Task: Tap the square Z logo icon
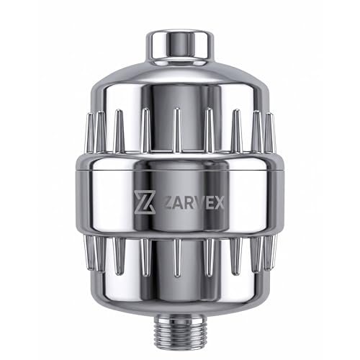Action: (144, 202)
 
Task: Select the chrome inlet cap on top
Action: (180, 48)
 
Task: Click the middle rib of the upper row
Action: (177, 130)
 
